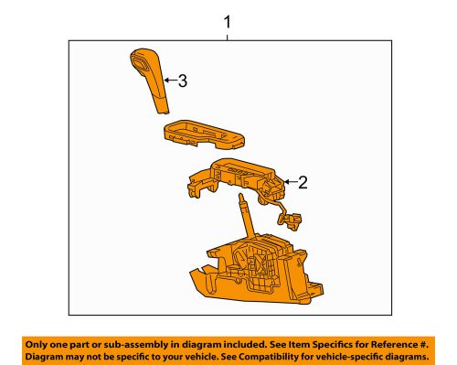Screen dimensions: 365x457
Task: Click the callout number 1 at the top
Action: click(228, 20)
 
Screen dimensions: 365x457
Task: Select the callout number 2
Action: click(303, 182)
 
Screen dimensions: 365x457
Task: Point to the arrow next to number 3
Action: click(167, 81)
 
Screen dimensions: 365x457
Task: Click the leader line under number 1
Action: click(228, 35)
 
